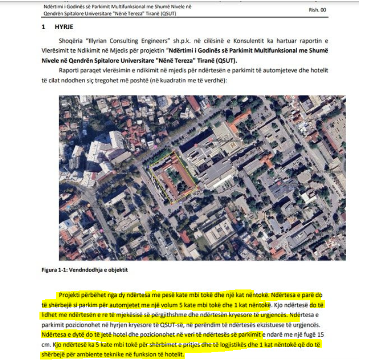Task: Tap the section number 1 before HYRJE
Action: [43, 27]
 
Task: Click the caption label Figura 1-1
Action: [56, 270]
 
